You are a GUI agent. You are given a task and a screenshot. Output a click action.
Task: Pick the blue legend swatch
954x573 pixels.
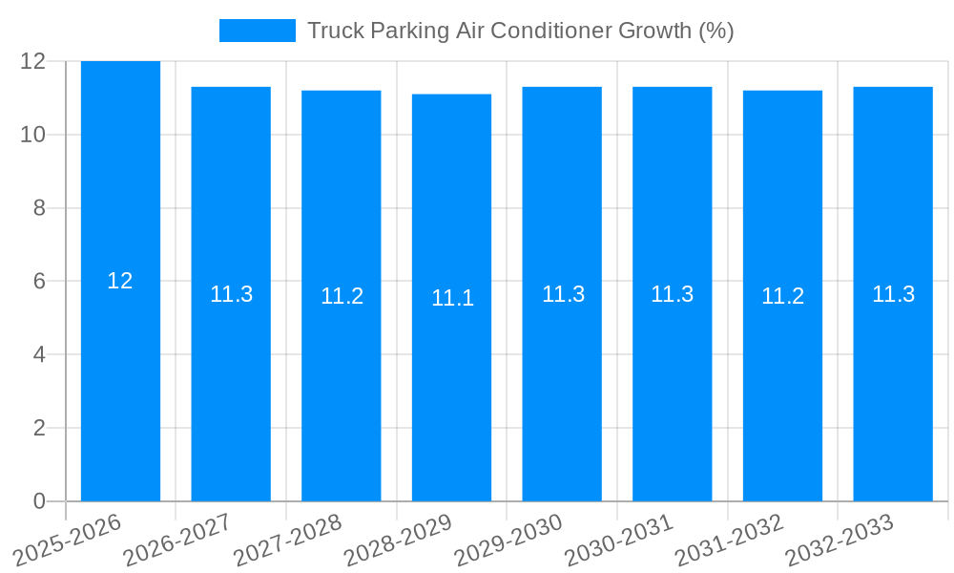(258, 31)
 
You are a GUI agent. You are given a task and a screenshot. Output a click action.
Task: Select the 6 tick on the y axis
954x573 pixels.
(39, 282)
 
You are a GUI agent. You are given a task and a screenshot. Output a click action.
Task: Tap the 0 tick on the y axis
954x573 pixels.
(39, 501)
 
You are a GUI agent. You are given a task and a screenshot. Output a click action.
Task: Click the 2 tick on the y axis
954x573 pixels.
(39, 428)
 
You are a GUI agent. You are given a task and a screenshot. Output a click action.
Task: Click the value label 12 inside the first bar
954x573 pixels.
(120, 281)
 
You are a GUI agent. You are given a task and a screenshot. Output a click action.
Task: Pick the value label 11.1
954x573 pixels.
(452, 298)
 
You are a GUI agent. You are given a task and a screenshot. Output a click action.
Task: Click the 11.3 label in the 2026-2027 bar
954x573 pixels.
(232, 294)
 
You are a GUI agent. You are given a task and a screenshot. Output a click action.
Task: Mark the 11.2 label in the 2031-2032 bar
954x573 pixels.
(783, 296)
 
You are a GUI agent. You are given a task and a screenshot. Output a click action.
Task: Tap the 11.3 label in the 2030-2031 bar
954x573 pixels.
(673, 294)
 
